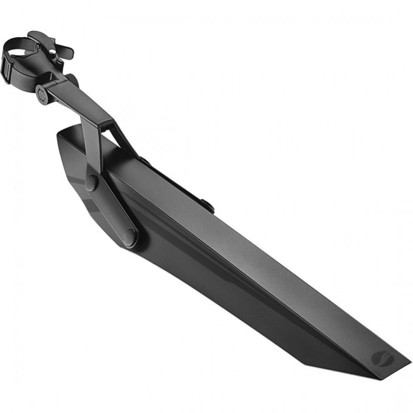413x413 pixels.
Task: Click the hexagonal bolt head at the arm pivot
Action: pyautogui.click(x=44, y=94)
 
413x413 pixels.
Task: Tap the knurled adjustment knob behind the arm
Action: pyautogui.click(x=72, y=80)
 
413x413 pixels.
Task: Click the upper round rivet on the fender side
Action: pyautogui.click(x=91, y=182)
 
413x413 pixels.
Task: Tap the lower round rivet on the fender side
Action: pyautogui.click(x=129, y=236)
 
